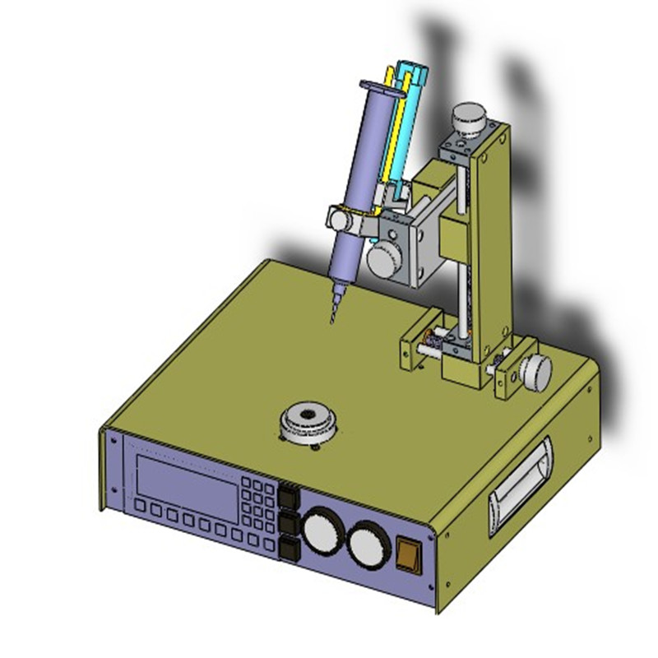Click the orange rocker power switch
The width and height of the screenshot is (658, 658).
click(407, 554)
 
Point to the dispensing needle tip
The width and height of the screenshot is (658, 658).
click(332, 321)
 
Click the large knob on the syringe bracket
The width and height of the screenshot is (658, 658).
click(383, 262)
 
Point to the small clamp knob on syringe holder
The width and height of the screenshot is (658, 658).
click(338, 220)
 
